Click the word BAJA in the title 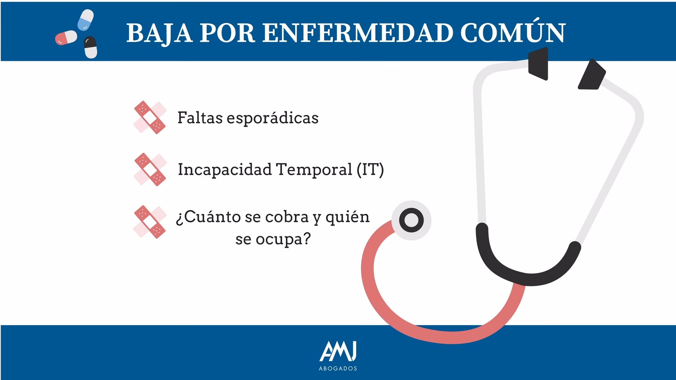pos(159,33)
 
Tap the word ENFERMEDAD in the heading pos(357,33)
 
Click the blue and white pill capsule pos(86,20)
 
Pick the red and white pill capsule pos(66,38)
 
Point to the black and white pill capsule pos(90,47)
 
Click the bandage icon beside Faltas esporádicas pos(150,118)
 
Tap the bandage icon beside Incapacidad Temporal pos(150,169)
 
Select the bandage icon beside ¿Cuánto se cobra pos(150,222)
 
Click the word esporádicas pos(273,118)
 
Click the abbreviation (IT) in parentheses pos(370,170)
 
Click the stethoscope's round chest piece pos(411,220)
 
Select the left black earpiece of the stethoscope pos(538,64)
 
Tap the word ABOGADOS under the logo pos(338,368)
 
